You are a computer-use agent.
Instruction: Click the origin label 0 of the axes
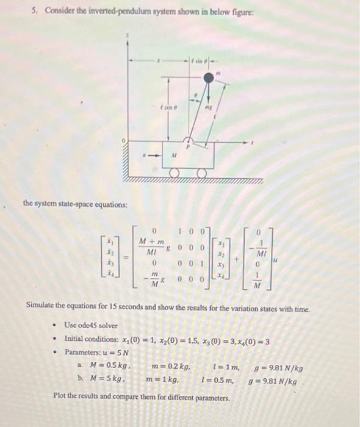[x=124, y=142]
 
